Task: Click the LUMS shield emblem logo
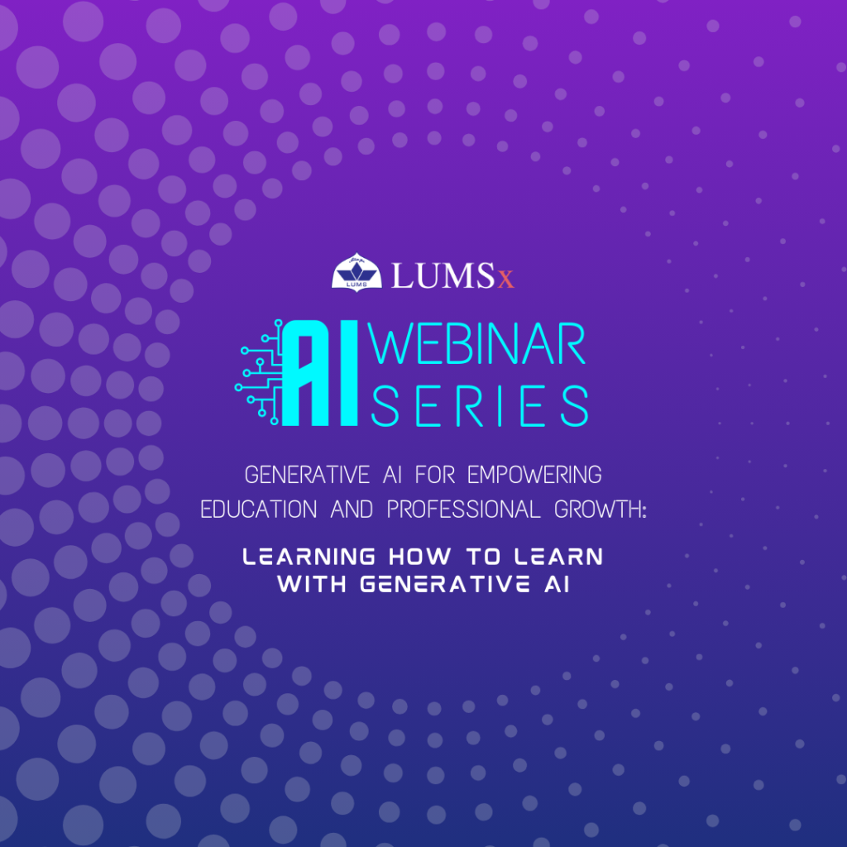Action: pos(357,273)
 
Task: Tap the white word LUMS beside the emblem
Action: pos(443,275)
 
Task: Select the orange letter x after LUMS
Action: pos(505,280)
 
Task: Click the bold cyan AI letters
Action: pos(320,373)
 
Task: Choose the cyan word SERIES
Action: pos(480,405)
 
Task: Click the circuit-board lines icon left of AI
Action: pos(259,372)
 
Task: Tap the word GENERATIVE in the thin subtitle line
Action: pos(307,475)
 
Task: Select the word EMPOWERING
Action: pos(534,475)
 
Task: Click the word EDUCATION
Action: pos(258,510)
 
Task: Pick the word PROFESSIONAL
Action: pos(463,510)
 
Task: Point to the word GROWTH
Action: pos(596,510)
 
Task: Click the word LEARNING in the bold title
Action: pos(309,557)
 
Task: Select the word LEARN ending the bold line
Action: pos(558,557)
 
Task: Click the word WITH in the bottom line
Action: pos(312,584)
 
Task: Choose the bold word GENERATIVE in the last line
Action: pos(445,584)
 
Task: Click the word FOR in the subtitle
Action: pos(435,475)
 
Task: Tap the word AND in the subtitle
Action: pos(352,510)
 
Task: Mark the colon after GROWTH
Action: pos(644,511)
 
